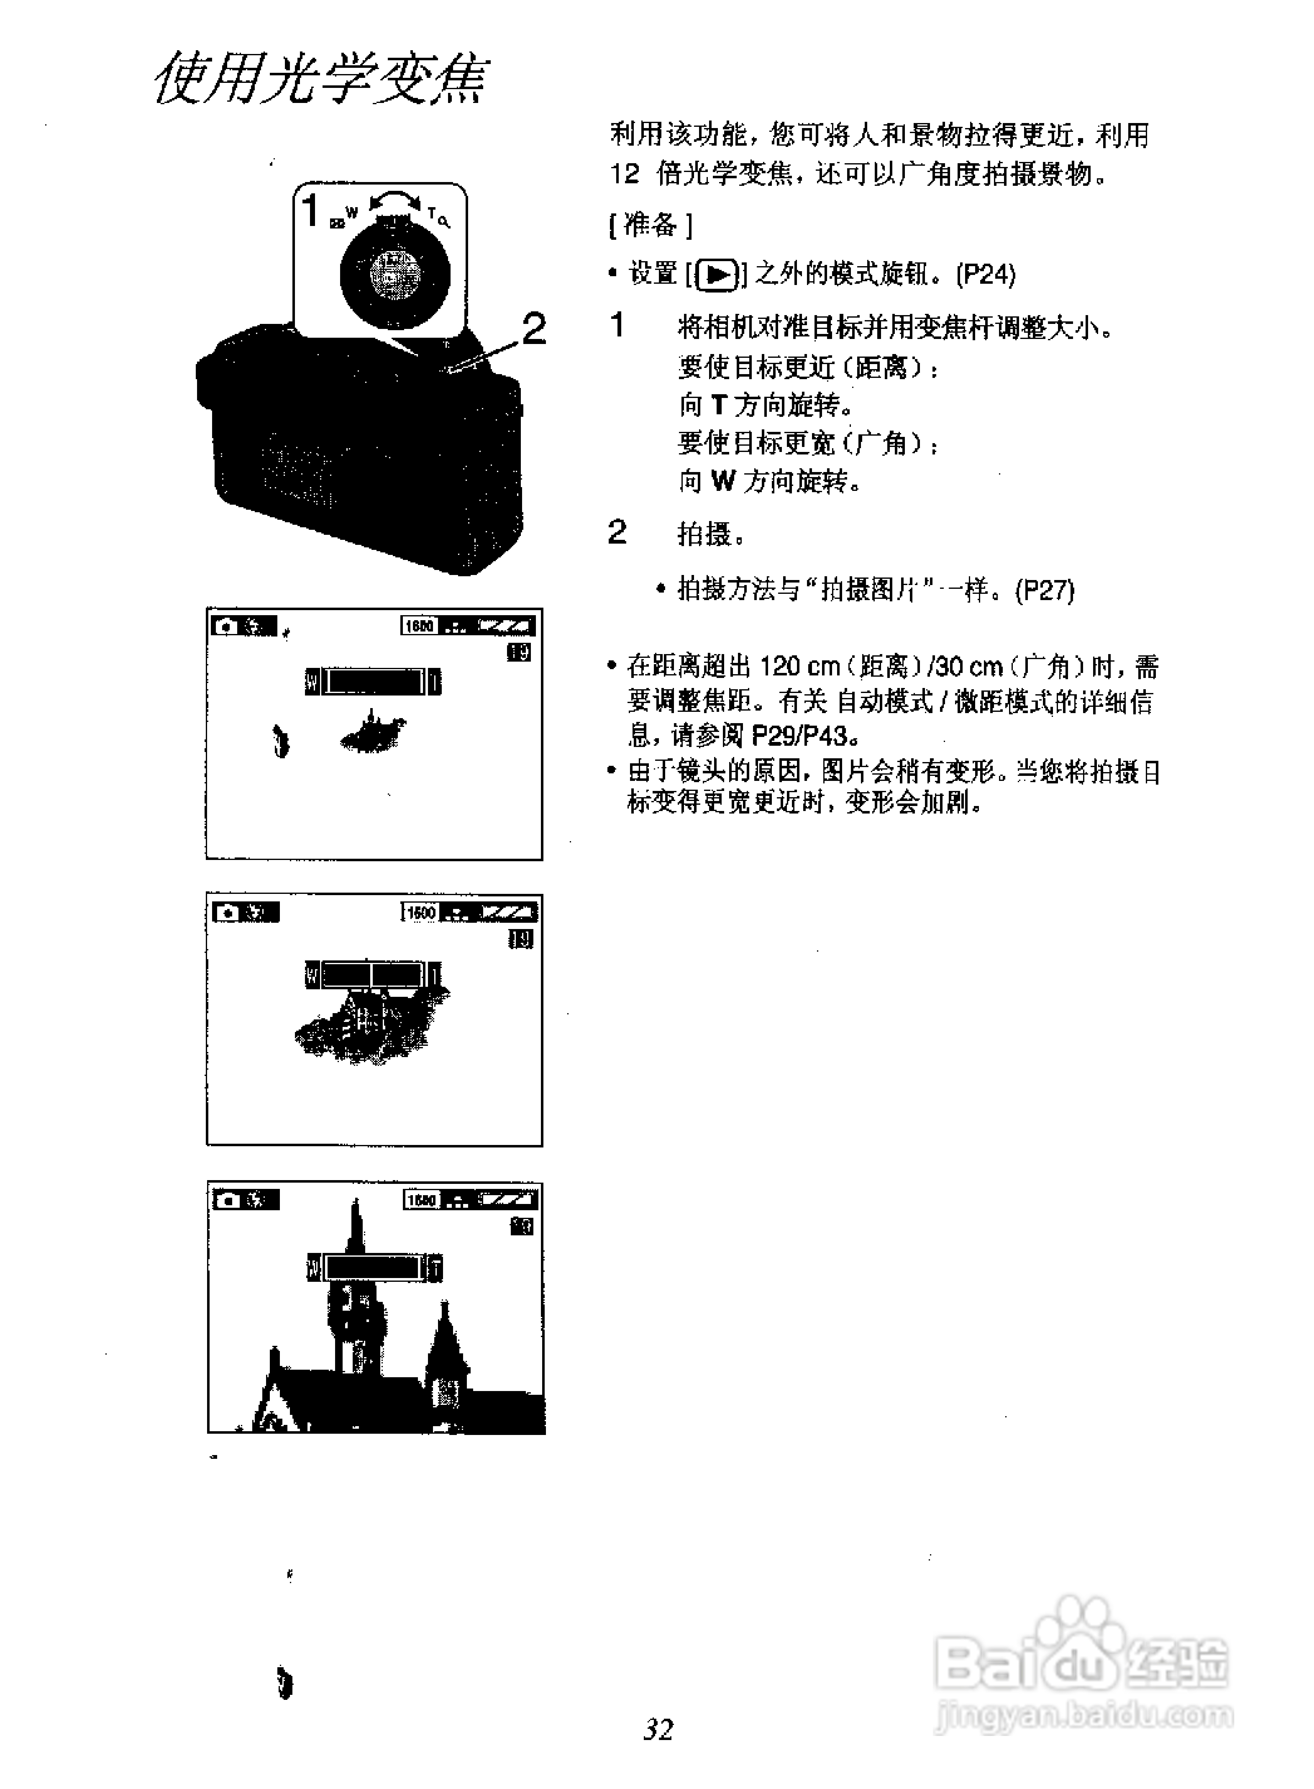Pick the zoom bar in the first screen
[x=373, y=682]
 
